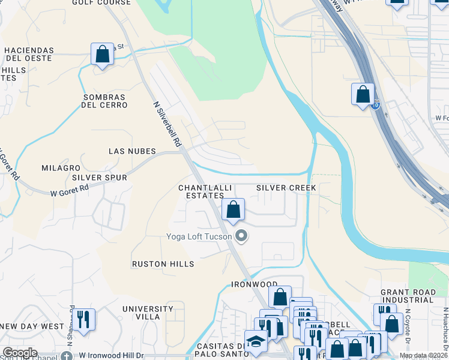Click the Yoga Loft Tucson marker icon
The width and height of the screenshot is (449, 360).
click(241, 236)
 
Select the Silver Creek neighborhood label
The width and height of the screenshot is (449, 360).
click(286, 188)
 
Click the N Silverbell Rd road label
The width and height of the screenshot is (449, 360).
click(167, 124)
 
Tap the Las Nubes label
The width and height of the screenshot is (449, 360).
click(132, 151)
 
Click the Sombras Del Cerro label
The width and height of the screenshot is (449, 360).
click(105, 101)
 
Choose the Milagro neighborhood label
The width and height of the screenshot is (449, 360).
click(61, 167)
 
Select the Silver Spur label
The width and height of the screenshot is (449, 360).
click(100, 178)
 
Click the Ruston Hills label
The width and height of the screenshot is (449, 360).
click(163, 264)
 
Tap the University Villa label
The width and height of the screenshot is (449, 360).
click(141, 312)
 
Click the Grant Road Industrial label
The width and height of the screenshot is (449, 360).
click(408, 296)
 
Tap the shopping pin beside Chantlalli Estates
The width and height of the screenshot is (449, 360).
click(234, 210)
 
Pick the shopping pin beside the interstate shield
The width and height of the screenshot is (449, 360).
click(363, 94)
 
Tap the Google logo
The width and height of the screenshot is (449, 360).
click(19, 353)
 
